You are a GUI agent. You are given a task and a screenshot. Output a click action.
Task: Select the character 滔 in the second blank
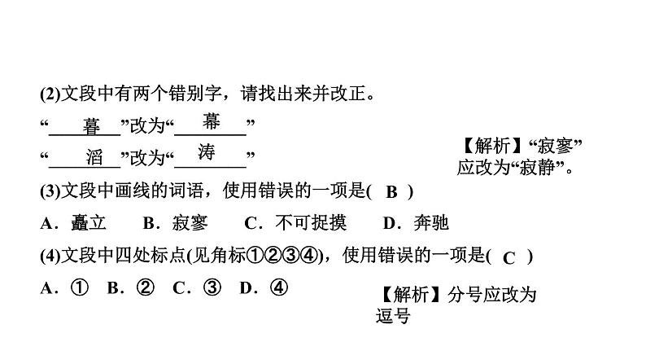(x=93, y=157)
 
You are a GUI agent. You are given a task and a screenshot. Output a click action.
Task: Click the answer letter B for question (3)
(x=391, y=192)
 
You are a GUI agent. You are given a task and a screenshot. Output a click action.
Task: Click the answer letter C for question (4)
(x=509, y=258)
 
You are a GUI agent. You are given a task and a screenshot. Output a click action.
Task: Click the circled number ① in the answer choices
(x=79, y=287)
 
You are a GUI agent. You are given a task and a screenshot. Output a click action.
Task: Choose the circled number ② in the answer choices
(x=144, y=287)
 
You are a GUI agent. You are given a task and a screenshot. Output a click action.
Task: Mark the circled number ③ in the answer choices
(x=211, y=287)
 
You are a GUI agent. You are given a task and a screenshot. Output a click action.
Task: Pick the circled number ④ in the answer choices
(x=277, y=287)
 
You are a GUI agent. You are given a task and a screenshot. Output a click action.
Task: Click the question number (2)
(x=50, y=94)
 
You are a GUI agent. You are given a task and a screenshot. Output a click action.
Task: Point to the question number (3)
(x=50, y=191)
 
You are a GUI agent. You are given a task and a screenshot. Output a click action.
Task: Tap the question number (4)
(x=50, y=257)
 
